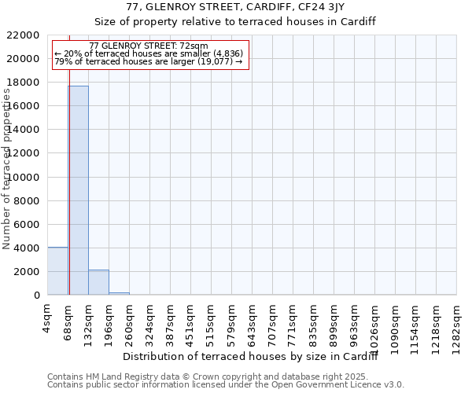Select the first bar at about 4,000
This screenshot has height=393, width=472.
point(57,271)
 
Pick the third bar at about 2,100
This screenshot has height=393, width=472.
point(98,282)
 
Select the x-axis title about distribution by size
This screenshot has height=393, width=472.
point(251,357)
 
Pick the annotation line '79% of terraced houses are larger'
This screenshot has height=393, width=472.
point(149,61)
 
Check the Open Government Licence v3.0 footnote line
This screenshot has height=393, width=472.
point(226,385)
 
